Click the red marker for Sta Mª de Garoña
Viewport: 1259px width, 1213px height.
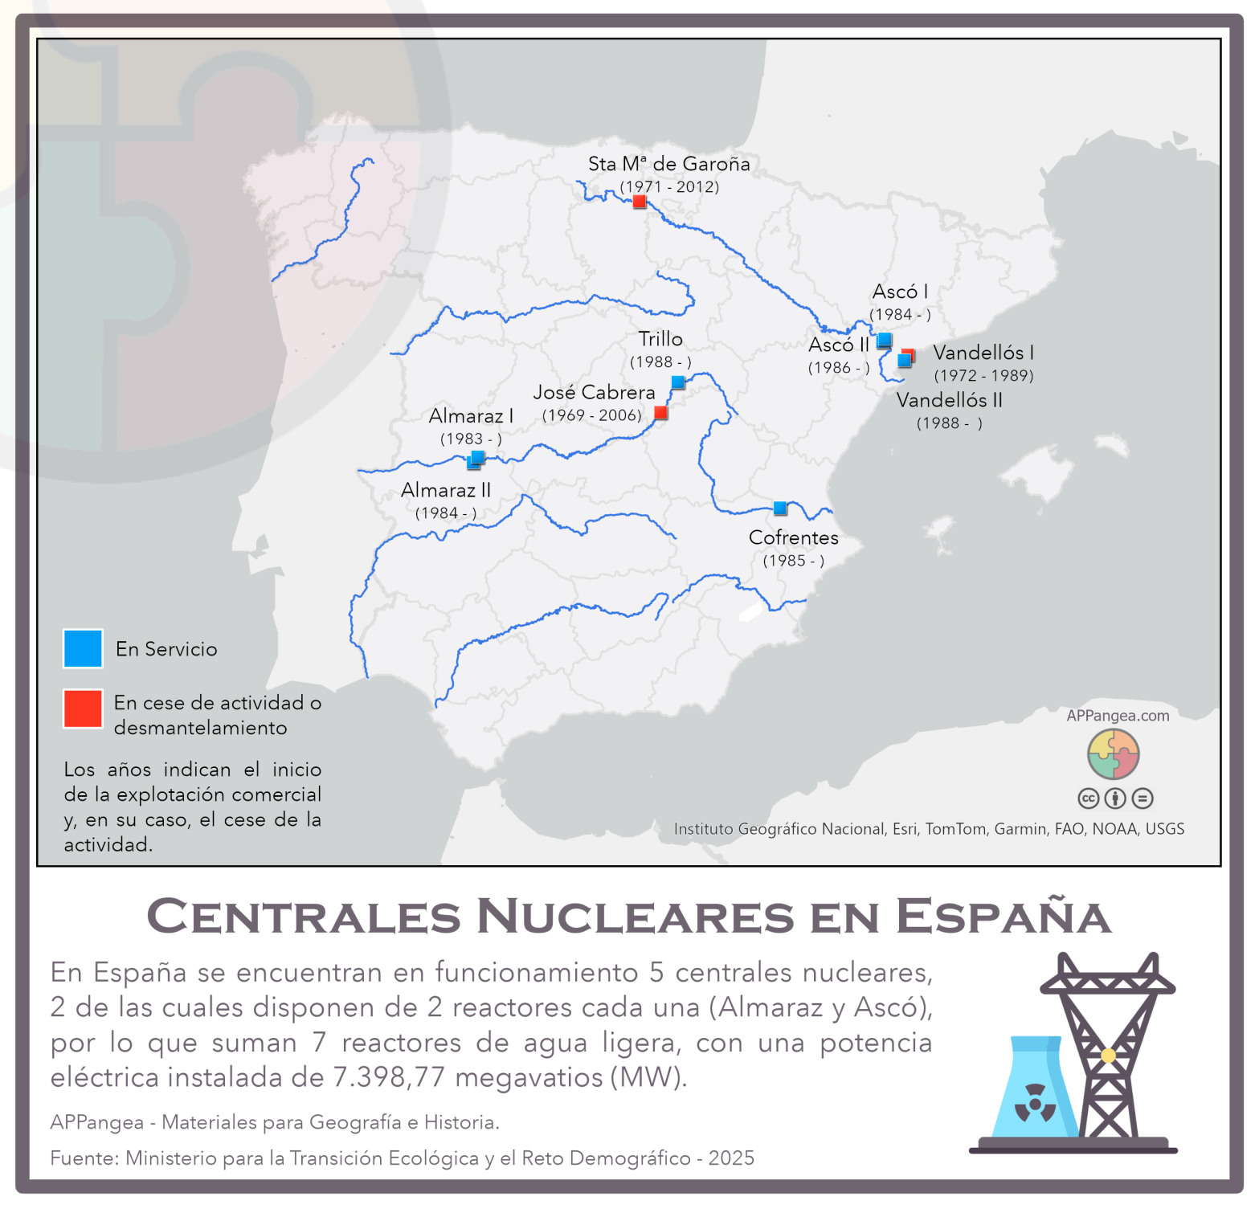coord(640,202)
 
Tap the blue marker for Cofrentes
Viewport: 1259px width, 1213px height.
coord(780,508)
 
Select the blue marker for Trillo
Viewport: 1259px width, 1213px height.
coord(678,382)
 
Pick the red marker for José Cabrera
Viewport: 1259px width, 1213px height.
coord(660,413)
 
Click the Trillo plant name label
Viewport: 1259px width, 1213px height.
coord(660,339)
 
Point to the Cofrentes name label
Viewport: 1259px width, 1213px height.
coord(793,537)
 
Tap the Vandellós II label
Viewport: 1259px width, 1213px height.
coord(949,400)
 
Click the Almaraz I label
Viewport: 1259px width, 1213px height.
coord(471,416)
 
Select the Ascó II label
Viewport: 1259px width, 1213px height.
coord(838,345)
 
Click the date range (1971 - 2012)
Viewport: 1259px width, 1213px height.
coord(669,187)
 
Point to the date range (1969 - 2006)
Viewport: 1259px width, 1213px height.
coord(591,415)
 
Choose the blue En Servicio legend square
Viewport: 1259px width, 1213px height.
coord(83,648)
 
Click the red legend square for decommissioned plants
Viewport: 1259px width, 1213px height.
coord(83,709)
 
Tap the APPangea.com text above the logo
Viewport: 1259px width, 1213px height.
coord(1118,716)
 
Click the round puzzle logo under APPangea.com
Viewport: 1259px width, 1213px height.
coord(1113,754)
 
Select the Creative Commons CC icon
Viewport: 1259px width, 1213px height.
coord(1088,798)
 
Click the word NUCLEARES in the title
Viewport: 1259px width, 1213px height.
coord(636,917)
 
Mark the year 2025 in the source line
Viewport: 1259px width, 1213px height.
coord(731,1158)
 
